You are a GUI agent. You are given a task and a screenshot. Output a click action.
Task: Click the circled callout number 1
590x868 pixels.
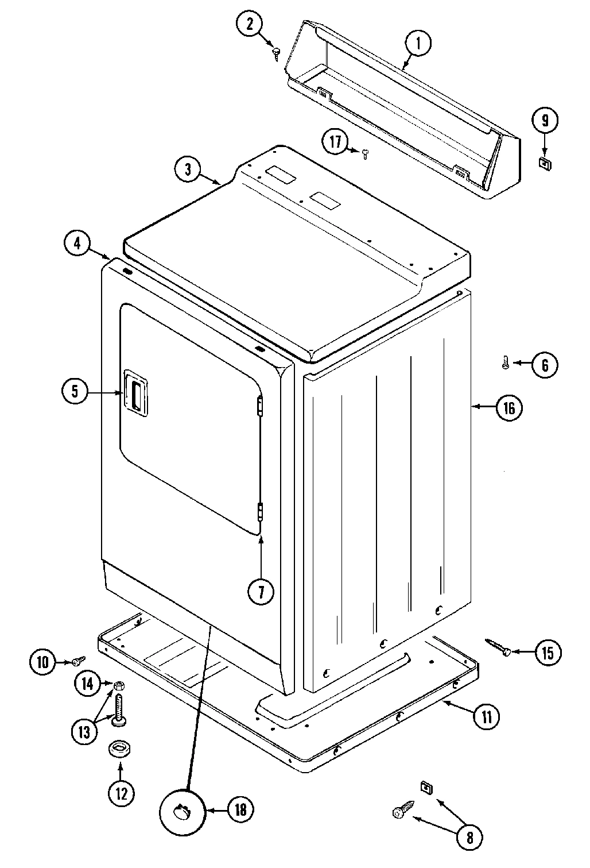coord(418,43)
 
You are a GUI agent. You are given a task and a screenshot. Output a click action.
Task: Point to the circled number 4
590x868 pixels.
coord(77,243)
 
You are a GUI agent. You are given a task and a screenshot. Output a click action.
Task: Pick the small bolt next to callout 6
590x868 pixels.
coord(505,362)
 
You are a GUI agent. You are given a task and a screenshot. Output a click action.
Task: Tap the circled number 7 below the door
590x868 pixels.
coord(261,592)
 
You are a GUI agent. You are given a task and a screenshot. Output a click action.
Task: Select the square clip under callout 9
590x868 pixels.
coord(544,163)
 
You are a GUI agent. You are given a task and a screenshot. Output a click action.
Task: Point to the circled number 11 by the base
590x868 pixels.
coord(486,716)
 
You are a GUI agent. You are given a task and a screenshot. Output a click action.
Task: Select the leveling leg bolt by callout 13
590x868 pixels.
coord(120,709)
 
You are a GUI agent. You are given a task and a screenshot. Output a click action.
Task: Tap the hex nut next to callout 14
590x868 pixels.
coord(119,685)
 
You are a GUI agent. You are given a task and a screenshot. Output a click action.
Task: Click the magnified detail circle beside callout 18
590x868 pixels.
coord(183,810)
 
